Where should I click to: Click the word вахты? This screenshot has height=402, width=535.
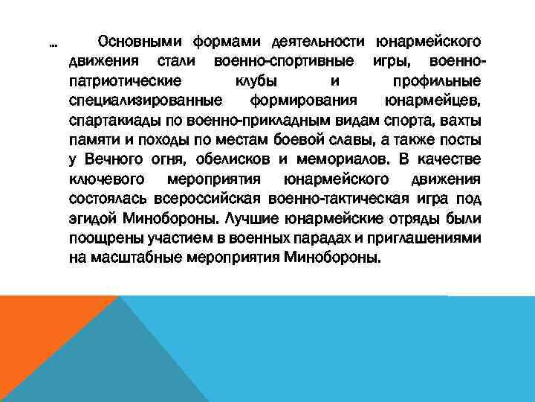pos(461,120)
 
